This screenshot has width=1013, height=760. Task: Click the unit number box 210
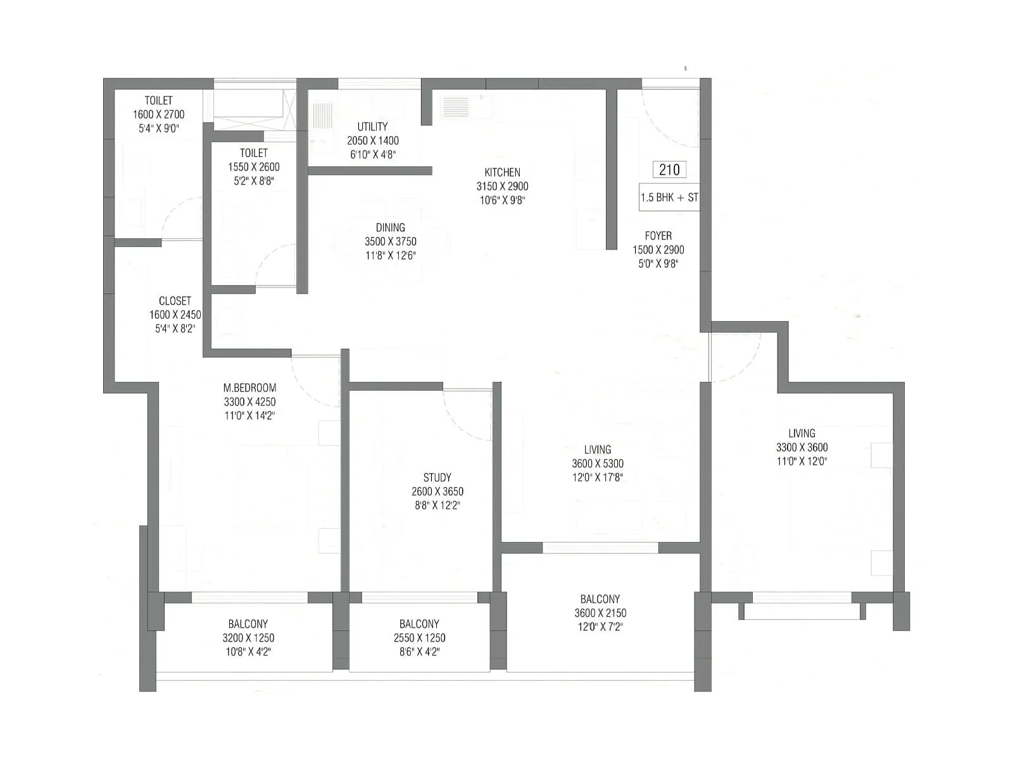click(x=669, y=169)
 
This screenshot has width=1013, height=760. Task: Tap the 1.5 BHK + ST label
click(x=669, y=198)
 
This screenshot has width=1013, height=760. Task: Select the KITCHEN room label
click(x=503, y=172)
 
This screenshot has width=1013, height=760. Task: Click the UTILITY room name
click(x=372, y=127)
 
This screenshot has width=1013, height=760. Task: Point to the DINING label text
click(x=390, y=227)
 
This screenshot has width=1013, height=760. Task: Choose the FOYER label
click(x=658, y=236)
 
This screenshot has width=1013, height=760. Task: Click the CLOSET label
click(x=175, y=301)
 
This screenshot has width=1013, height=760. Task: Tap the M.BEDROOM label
click(x=249, y=388)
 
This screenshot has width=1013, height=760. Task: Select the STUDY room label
click(x=437, y=478)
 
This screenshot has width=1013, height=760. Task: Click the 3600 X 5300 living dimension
click(x=598, y=464)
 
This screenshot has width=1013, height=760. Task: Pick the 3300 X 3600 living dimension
click(x=802, y=447)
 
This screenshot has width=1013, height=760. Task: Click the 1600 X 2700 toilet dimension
click(x=158, y=115)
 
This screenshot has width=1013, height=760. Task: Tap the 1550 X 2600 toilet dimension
click(x=253, y=167)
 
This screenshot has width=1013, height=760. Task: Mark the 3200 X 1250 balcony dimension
click(x=248, y=638)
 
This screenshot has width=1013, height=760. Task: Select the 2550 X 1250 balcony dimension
click(x=419, y=638)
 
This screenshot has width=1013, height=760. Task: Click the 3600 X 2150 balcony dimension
click(x=600, y=613)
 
